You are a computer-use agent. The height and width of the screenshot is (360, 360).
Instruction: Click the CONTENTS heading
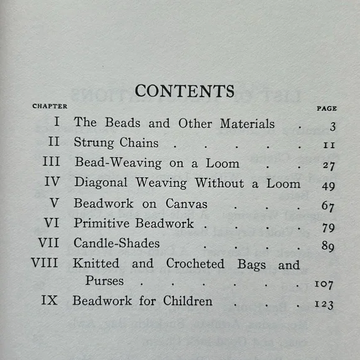184,91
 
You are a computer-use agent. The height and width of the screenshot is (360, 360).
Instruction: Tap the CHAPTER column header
50,106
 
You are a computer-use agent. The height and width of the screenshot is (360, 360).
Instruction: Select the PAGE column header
326,108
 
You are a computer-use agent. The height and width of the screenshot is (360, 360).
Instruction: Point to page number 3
333,127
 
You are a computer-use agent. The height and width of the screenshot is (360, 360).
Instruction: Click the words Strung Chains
116,143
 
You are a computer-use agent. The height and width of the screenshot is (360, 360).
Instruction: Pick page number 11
329,146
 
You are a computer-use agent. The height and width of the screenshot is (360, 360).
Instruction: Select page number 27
329,167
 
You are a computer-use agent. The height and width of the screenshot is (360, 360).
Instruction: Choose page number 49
329,187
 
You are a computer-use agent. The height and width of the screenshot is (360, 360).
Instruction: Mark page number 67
329,207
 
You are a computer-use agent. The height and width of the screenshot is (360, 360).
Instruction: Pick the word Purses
105,281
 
